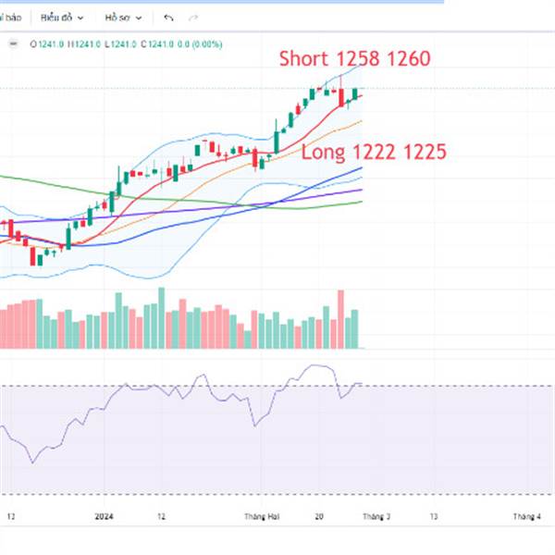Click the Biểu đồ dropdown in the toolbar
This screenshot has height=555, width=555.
coord(62,17)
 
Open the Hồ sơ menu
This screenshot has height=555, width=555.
coord(122,17)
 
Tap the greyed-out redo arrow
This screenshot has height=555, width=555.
coord(192,17)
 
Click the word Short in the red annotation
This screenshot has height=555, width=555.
coord(303,59)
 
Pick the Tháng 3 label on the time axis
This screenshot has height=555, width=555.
coord(376,517)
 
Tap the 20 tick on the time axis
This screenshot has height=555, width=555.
coord(319,517)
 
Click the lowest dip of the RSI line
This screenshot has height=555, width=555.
coord(33,462)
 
